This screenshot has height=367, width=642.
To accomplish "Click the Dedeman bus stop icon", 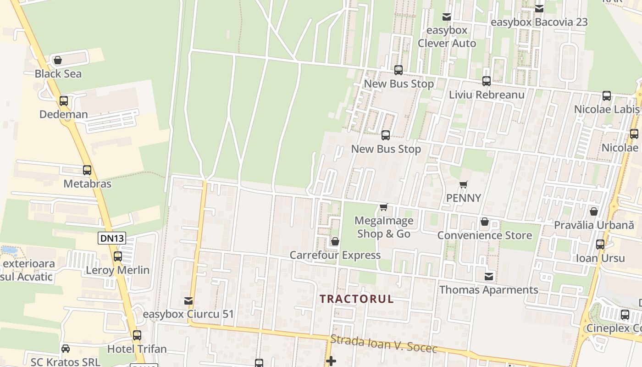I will [64, 101].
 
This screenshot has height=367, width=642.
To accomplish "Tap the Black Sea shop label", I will [58, 74].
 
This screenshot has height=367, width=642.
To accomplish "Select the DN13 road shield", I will [111, 238].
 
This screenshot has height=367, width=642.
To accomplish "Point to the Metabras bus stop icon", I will [87, 170].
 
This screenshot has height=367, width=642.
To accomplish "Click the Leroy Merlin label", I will [118, 270].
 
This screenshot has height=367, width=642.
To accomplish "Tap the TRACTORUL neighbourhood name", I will [356, 299].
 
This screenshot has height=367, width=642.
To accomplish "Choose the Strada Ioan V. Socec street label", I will [383, 344].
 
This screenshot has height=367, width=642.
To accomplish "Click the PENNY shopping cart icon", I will [463, 185].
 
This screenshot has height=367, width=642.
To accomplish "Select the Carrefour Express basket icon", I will [335, 241].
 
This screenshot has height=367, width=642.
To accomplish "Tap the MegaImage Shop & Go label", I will [384, 227].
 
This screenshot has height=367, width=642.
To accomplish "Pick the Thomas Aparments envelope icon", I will [489, 276].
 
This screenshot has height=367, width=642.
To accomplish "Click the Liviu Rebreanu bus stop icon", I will [486, 81].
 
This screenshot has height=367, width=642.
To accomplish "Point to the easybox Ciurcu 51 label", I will [188, 314].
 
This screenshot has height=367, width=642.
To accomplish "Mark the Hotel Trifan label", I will [137, 349].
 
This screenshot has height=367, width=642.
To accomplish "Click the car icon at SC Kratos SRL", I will [66, 349].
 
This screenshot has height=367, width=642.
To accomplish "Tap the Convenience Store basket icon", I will [484, 222].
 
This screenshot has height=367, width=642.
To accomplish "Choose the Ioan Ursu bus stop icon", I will [600, 245].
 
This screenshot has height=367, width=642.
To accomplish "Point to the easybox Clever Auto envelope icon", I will [447, 17].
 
